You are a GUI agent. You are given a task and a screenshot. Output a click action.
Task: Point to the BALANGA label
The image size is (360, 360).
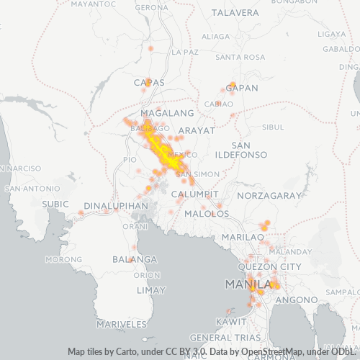pos(135,259)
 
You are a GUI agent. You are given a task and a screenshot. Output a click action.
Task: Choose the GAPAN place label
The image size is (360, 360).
pos(241,87)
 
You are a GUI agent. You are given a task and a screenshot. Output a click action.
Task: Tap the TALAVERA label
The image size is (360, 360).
pos(235,13)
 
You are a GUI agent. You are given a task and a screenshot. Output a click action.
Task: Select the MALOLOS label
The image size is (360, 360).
pos(202,214)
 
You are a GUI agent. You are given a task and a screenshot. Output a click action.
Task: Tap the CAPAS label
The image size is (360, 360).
pos(149,82)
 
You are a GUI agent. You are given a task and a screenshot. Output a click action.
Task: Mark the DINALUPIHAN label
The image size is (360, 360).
pos(116,206)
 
